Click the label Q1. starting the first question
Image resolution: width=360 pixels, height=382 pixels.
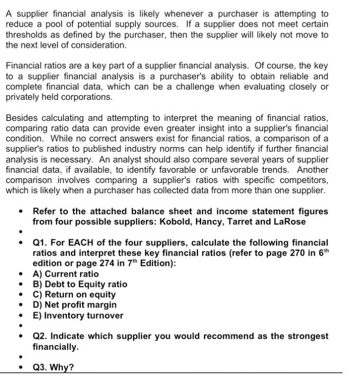(41, 242)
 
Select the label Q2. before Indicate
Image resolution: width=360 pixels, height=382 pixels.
(41, 336)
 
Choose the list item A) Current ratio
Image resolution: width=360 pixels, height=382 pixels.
(65, 274)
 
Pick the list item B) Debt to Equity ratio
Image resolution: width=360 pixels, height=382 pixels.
(80, 284)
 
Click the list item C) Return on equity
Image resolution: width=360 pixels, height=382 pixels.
(74, 295)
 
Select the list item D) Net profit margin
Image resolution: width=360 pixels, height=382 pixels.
(75, 305)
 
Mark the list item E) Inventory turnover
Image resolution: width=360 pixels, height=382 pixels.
(78, 315)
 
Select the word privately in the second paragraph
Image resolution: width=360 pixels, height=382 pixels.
(23, 97)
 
